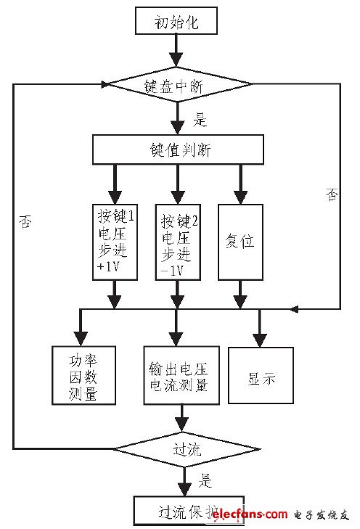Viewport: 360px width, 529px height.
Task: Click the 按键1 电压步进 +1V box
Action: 112,240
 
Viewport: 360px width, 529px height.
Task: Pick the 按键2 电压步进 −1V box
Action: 176,240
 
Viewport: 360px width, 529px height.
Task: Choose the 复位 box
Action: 240,240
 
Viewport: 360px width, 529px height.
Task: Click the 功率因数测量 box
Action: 84,375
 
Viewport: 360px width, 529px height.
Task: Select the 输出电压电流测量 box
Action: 177,376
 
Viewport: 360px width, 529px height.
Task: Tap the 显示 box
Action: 261,375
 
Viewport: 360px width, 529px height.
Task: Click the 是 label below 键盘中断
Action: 200,119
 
